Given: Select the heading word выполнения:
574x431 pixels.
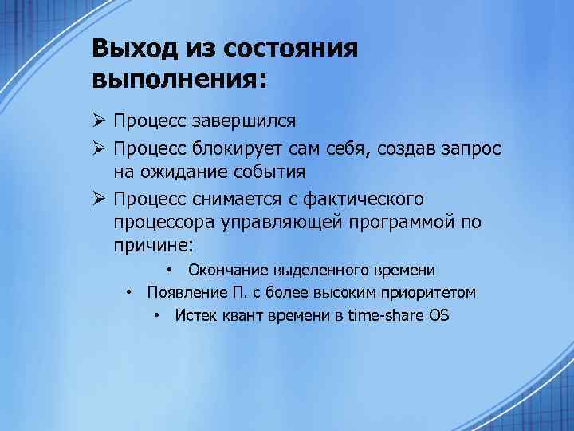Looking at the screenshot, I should click(x=181, y=80).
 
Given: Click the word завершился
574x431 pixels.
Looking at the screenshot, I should click(x=253, y=121).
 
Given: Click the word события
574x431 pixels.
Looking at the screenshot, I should click(x=269, y=172).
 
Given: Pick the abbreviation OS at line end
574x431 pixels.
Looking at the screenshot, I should click(x=439, y=315).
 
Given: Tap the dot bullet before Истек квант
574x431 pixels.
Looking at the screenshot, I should click(x=159, y=315).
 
